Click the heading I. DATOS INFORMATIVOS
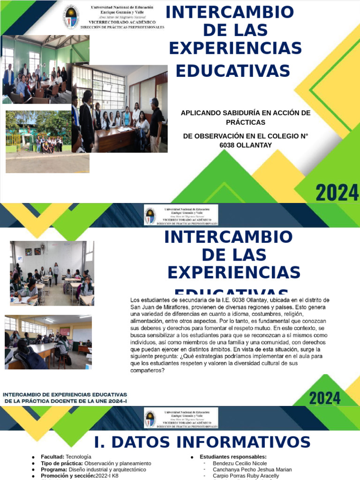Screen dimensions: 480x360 tap(202, 442)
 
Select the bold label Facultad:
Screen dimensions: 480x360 tap(52, 457)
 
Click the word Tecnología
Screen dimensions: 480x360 tap(79, 457)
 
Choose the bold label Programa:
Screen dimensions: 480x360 tap(54, 469)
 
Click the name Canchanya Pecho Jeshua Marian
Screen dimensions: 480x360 tap(252, 469)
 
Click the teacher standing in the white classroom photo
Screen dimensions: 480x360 tap(56, 273)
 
